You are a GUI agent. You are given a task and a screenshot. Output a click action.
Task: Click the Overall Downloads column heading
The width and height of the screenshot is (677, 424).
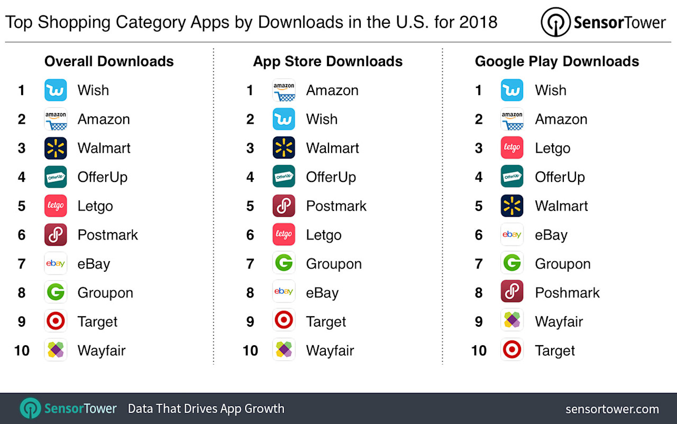[109, 61]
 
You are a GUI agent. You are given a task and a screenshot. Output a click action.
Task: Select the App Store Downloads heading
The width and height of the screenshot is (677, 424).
[327, 61]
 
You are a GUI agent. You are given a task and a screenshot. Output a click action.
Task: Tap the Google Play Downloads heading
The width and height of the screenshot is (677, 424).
[556, 61]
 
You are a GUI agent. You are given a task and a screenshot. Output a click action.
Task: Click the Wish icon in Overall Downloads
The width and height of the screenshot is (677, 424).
[56, 90]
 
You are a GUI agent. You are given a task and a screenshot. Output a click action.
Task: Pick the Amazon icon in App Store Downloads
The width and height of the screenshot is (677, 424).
[284, 90]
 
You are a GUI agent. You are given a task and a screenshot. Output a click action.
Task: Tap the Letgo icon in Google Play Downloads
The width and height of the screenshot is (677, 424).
[512, 148]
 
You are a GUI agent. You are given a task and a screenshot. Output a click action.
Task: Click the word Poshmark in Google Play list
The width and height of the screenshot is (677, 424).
[567, 293]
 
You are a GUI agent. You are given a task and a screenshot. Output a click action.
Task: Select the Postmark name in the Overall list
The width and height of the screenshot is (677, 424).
[107, 235]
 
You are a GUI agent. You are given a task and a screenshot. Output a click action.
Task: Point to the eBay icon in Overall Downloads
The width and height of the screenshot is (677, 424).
[56, 264]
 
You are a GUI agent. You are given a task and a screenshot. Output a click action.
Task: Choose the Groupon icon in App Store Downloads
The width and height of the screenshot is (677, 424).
[284, 264]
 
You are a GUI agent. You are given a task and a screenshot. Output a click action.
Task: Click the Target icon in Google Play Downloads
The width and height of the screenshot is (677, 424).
[512, 350]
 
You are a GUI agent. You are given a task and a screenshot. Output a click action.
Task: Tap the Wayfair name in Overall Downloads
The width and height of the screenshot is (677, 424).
[102, 351]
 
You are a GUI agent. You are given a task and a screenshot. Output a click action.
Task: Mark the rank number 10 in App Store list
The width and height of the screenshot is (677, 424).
[250, 351]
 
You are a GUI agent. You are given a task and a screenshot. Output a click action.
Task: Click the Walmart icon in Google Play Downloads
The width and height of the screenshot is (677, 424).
[512, 206]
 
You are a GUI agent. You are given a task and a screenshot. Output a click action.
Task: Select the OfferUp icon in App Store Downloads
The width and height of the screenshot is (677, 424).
[284, 177]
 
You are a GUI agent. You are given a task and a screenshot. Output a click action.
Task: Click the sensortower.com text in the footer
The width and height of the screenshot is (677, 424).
[612, 409]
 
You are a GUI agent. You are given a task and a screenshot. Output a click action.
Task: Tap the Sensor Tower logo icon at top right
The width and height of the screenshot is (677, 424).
[555, 22]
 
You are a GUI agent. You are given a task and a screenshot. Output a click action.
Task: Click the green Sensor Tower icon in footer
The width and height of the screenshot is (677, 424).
[31, 409]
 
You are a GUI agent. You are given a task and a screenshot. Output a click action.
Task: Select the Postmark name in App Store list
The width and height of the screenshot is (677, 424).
[336, 206]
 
